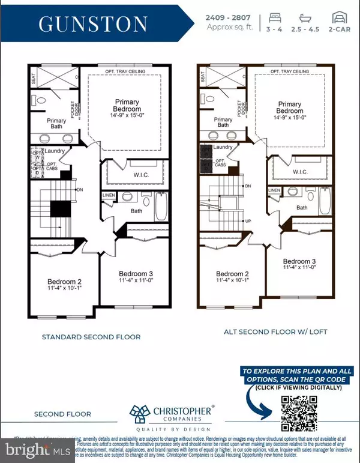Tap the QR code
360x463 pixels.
tap(298, 414)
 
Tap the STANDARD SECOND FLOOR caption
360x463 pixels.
tap(91, 337)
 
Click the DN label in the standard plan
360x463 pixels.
tap(80, 190)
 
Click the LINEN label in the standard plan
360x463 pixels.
tap(109, 196)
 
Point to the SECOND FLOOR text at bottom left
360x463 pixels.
tap(62, 414)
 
